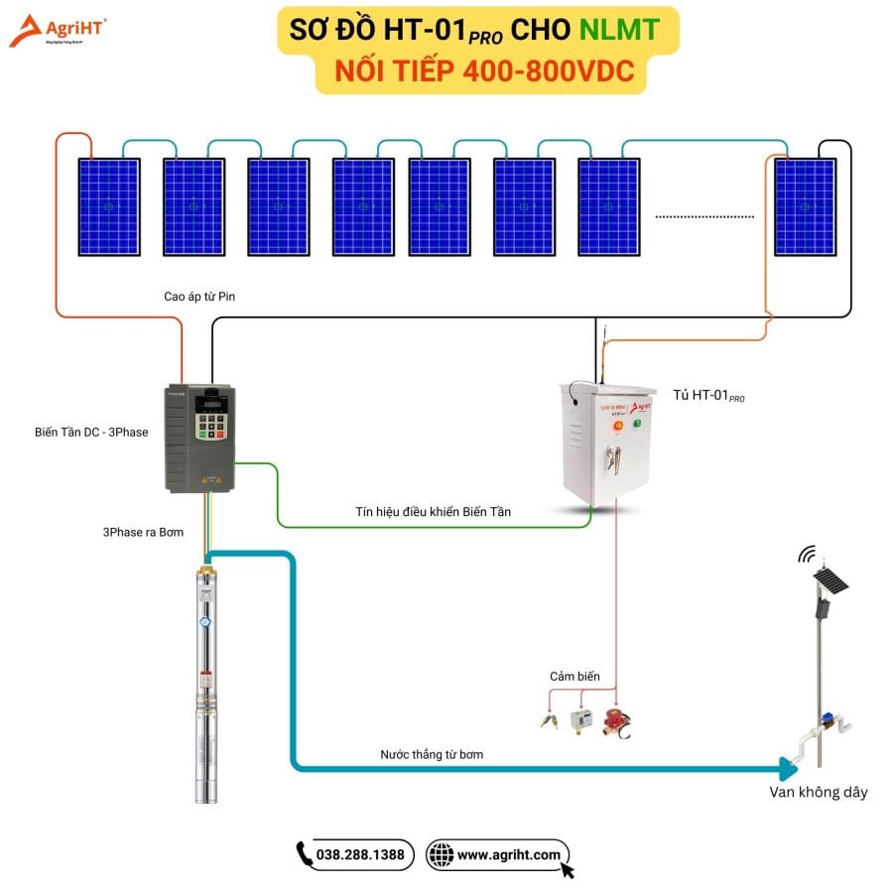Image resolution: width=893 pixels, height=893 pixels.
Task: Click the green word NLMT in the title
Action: pos(618,29)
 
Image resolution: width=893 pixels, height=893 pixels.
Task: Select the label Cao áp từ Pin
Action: pos(199,296)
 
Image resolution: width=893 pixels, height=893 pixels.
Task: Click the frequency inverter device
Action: pos(198,438)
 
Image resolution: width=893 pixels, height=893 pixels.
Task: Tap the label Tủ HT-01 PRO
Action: pos(708,395)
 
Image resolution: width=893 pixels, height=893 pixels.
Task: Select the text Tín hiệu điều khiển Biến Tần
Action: pos(434,511)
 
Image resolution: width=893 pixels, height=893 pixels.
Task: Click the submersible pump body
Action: pos(206,685)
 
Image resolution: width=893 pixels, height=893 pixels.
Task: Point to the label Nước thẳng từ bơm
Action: pos(432,754)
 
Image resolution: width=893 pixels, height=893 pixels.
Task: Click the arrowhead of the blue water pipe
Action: pos(790,768)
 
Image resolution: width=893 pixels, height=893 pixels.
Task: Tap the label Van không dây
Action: pos(819,792)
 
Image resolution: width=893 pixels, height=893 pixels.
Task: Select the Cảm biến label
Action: pos(575,677)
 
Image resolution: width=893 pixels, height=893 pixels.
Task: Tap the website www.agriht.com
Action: pos(509,854)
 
